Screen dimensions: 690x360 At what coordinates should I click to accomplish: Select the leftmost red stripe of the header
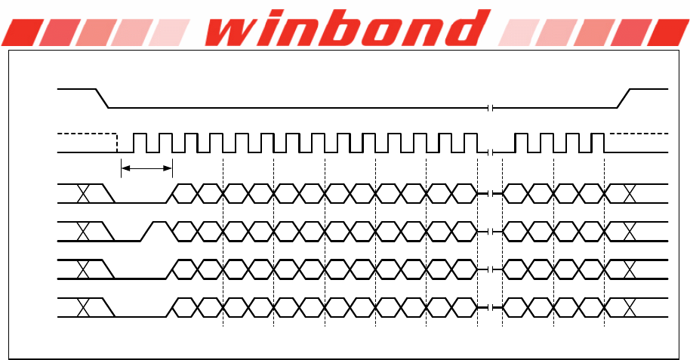pyautogui.click(x=20, y=32)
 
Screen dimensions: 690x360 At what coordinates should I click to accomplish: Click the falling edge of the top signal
pyautogui.click(x=102, y=97)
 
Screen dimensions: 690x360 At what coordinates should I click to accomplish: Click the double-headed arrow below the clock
pyautogui.click(x=147, y=168)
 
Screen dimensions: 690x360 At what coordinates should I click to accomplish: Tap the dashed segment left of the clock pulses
pyautogui.click(x=87, y=134)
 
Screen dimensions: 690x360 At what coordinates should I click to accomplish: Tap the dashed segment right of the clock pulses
pyautogui.click(x=638, y=134)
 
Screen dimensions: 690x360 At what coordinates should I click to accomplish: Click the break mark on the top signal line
pyautogui.click(x=491, y=107)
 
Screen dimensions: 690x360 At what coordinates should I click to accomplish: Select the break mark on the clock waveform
pyautogui.click(x=491, y=152)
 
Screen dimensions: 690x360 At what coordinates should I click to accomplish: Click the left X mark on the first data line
pyautogui.click(x=84, y=194)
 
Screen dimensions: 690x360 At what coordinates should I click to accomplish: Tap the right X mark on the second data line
pyautogui.click(x=630, y=232)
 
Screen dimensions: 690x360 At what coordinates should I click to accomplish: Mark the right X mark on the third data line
pyautogui.click(x=630, y=268)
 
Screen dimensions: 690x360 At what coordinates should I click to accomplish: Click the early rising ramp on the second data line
pyautogui.click(x=148, y=231)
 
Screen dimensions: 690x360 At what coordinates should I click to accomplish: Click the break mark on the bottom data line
pyautogui.click(x=491, y=307)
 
